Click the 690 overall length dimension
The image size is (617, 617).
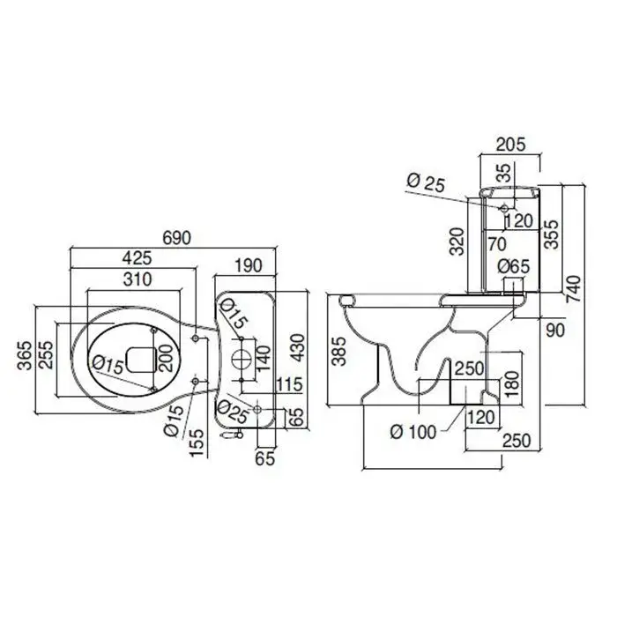(177, 238)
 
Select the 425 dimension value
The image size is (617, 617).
(137, 258)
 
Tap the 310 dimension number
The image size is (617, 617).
(138, 279)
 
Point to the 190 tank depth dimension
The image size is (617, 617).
(249, 265)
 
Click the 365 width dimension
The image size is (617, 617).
(25, 356)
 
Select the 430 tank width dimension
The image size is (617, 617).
(298, 348)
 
